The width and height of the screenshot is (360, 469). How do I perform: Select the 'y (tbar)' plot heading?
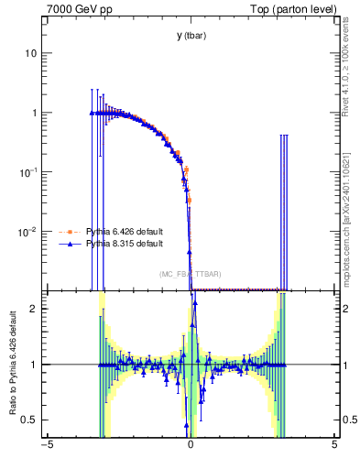[x=191, y=36]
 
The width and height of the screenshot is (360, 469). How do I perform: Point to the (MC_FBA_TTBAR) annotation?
[x=191, y=274]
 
